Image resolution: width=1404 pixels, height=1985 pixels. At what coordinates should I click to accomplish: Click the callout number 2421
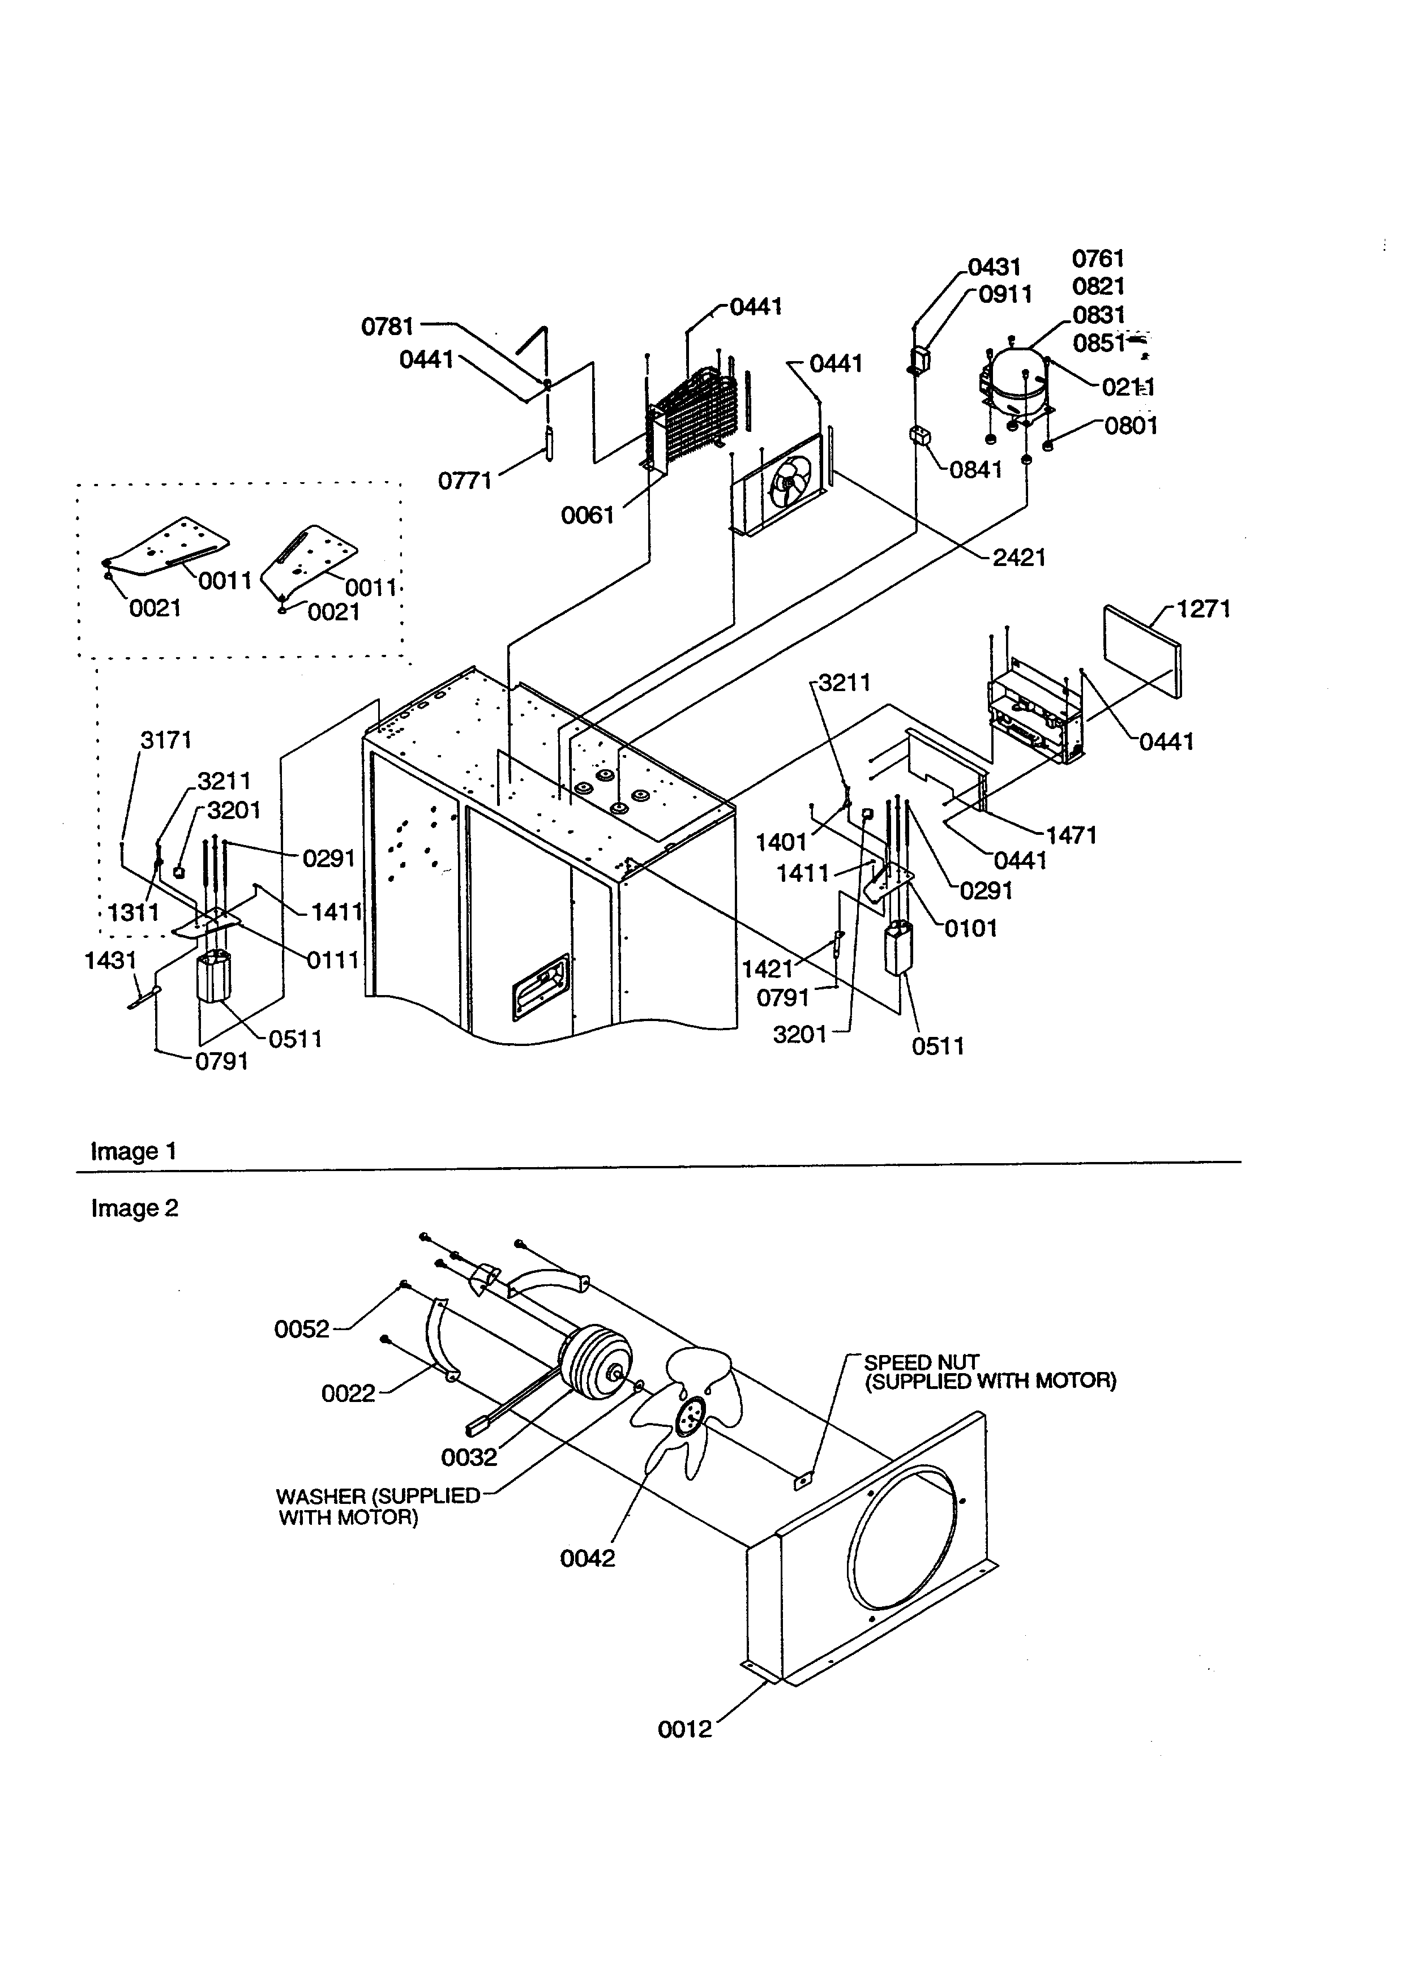coord(1018,558)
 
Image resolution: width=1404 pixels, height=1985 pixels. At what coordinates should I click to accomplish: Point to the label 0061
coord(587,515)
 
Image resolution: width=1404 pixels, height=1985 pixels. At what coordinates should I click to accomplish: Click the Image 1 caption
coord(134,1152)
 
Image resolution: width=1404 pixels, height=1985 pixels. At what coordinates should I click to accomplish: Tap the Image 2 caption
coord(135,1208)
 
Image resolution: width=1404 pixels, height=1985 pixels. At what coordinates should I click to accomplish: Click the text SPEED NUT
coord(922,1362)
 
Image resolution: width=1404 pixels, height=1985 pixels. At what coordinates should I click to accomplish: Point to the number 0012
coord(684,1729)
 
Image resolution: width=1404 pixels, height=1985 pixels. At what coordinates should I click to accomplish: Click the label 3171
coord(166,740)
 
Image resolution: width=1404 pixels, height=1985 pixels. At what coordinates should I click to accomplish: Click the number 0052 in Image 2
coord(302,1329)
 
